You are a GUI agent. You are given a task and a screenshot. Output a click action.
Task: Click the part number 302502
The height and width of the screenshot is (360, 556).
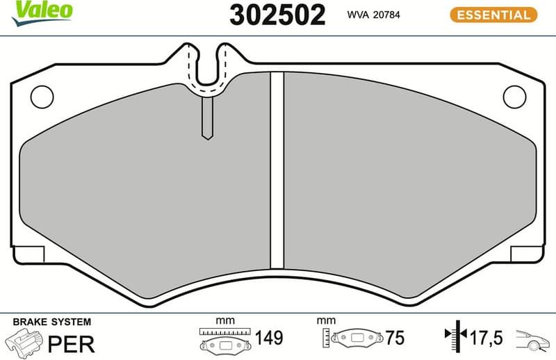click(x=277, y=15)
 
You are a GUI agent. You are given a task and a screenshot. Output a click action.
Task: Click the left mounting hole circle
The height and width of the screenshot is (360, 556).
click(x=42, y=96)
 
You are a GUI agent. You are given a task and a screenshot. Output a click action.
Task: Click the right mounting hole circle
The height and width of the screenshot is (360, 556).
click(x=514, y=96)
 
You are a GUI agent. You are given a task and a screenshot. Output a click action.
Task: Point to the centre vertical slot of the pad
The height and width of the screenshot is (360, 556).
click(x=277, y=170)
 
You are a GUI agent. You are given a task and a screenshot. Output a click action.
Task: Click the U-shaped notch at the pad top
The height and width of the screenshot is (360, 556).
click(x=206, y=69)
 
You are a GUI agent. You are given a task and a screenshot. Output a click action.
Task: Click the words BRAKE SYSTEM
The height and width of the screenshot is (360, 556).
click(x=52, y=322)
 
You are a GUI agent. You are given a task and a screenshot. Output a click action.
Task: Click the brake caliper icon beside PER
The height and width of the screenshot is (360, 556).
click(x=24, y=341)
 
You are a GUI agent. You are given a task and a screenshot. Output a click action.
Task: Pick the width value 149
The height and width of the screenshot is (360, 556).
click(x=269, y=339)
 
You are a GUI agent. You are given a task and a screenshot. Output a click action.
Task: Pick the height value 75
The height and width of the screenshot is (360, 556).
click(x=394, y=339)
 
